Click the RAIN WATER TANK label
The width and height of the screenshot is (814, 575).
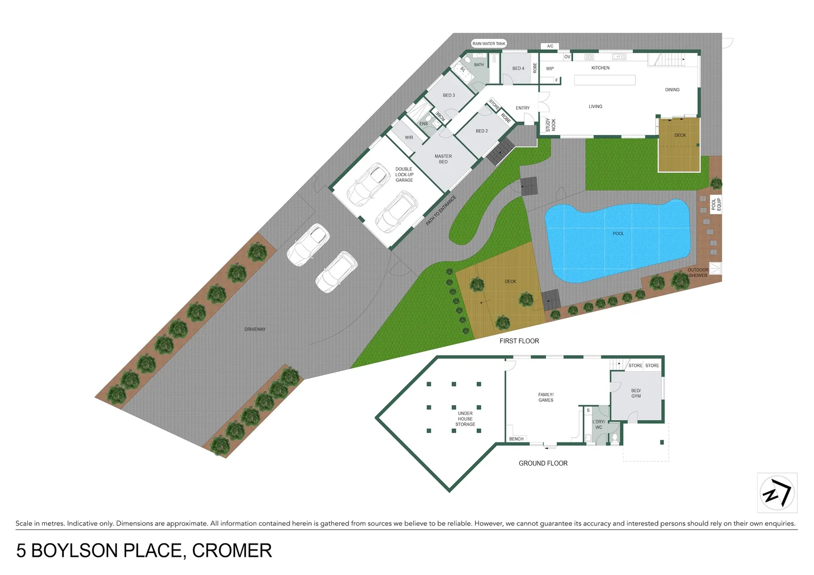tap(489, 44)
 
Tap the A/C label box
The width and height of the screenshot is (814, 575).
tap(550, 46)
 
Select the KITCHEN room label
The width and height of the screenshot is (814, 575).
tap(600, 68)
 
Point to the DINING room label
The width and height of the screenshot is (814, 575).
tap(672, 90)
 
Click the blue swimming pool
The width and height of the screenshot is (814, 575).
tap(618, 240)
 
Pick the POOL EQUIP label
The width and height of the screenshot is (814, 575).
tap(716, 204)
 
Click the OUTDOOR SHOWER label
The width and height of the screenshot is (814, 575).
tap(698, 273)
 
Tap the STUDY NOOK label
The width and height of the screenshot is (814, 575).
tap(550, 125)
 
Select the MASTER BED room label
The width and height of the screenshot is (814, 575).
tap(443, 159)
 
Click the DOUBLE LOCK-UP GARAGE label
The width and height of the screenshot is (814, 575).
tap(404, 175)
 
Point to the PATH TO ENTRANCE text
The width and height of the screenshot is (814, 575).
tap(441, 210)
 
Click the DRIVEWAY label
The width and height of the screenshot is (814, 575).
tap(255, 330)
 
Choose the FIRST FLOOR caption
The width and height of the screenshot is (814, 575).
tap(519, 341)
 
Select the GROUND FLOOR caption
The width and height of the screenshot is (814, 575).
tap(543, 464)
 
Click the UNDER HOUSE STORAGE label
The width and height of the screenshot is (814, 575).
tap(465, 419)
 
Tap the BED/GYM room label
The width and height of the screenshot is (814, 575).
tap(636, 393)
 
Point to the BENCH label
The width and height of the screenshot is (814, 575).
tap(516, 439)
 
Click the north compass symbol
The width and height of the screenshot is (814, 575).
tap(777, 492)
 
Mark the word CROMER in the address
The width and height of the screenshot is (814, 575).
tap(232, 551)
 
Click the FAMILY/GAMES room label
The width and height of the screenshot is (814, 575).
tap(546, 398)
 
